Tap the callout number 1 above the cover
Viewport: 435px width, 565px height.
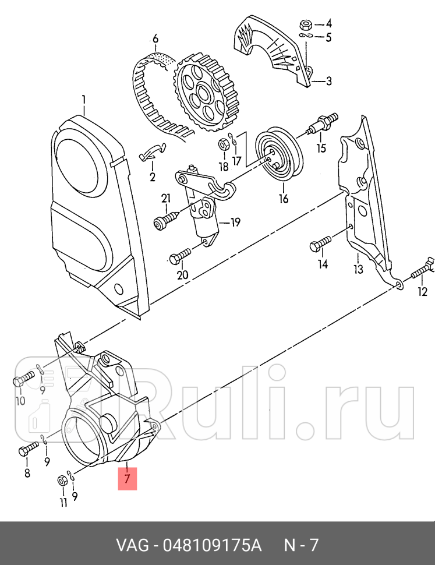pyautogui.click(x=84, y=100)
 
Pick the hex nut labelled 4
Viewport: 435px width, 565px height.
pyautogui.click(x=305, y=24)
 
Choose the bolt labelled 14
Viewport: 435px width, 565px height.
pyautogui.click(x=320, y=245)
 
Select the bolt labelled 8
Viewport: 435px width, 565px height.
pyautogui.click(x=26, y=450)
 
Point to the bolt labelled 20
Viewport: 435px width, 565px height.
pyautogui.click(x=179, y=255)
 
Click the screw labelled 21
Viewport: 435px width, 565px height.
pyautogui.click(x=164, y=221)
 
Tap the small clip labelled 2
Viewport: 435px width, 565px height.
pyautogui.click(x=153, y=153)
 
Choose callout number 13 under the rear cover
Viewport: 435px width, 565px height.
pyautogui.click(x=358, y=269)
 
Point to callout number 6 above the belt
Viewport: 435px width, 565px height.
pyautogui.click(x=155, y=40)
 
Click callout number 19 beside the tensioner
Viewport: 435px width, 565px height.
pyautogui.click(x=235, y=222)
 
